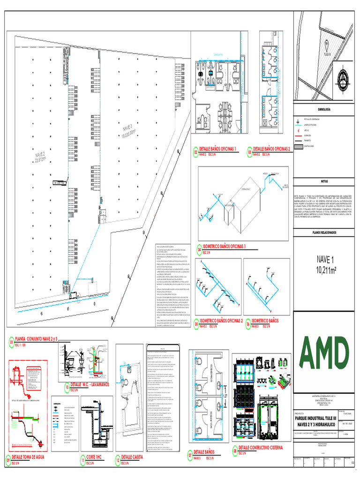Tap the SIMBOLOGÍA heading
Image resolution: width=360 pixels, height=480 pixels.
(324, 109)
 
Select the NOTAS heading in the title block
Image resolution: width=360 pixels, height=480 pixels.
(324, 181)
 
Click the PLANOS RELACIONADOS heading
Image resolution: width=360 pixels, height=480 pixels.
(324, 232)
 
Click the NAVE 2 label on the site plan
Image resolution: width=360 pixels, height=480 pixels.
(41, 158)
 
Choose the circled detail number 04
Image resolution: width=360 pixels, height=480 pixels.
(199, 251)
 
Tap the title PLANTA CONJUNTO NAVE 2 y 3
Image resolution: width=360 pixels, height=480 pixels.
(37, 338)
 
